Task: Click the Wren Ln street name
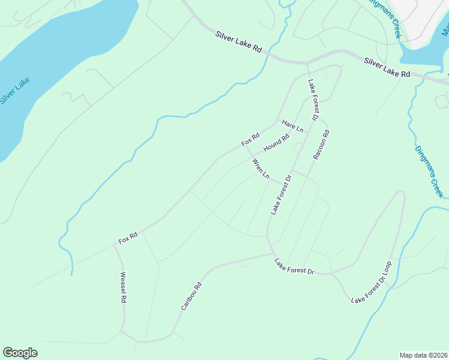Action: click(x=261, y=169)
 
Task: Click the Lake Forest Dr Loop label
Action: click(x=371, y=282)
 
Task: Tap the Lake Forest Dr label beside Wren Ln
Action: click(x=281, y=195)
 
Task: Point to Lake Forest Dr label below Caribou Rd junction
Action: click(x=294, y=266)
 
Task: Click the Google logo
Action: click(x=20, y=353)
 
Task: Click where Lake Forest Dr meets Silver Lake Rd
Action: click(x=307, y=62)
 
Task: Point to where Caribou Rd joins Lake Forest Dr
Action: click(x=273, y=254)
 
